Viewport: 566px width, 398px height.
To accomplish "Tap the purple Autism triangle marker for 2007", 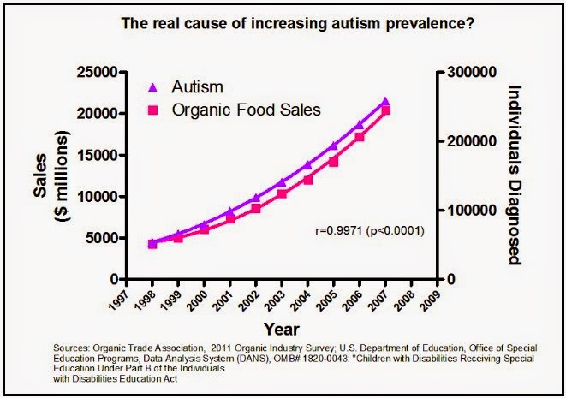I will coord(385,102).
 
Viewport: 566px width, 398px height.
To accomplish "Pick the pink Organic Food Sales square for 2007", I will coord(386,110).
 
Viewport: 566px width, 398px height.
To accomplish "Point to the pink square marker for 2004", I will coord(308,180).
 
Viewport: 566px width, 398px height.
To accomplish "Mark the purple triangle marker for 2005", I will coord(334,146).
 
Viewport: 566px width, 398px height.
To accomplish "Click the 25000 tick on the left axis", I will coord(94,72).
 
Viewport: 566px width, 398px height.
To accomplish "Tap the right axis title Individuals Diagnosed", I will coord(515,175).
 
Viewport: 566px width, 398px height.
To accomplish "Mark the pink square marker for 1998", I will coord(152,244).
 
